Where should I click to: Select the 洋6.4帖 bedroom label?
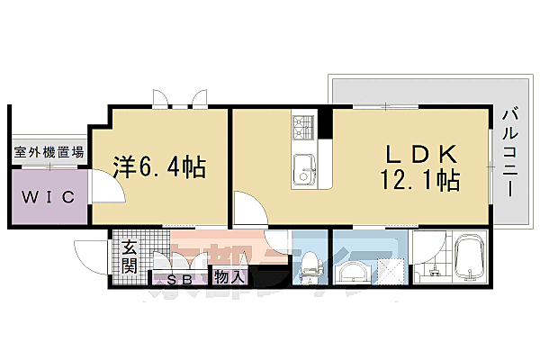click(160, 166)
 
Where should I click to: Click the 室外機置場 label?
click(49, 154)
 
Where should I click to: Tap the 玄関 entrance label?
click(130, 255)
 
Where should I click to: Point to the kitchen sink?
click(303, 166)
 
